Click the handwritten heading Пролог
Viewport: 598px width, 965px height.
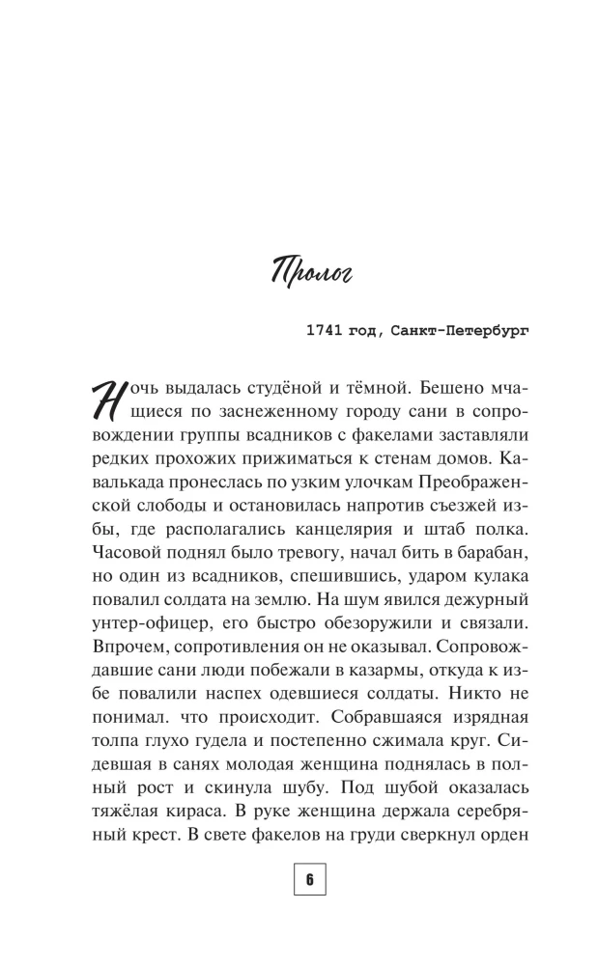[299, 273]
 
